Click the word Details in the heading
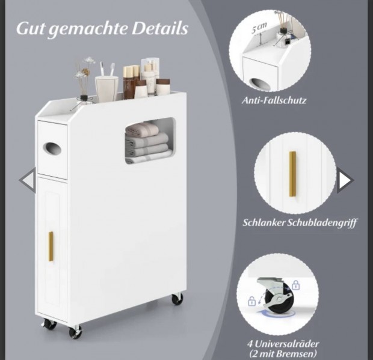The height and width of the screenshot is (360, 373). click(160, 28)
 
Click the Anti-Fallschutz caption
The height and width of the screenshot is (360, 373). click(274, 100)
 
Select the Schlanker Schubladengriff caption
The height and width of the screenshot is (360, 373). click(300, 223)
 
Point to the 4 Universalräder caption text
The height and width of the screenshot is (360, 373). click(283, 344)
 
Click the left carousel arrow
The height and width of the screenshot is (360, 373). click(28, 180)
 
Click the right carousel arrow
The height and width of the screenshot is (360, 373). click(345, 180)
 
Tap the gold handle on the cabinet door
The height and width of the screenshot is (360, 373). click(51, 246)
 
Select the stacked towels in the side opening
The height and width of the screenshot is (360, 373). click(147, 142)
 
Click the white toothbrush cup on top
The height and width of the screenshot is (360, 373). click(106, 89)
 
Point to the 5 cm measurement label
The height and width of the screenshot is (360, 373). click(259, 27)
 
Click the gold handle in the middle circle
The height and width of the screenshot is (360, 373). click(292, 174)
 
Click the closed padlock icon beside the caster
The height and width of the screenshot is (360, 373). click(295, 285)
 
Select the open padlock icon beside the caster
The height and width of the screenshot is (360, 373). click(251, 301)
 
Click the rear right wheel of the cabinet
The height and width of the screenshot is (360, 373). click(177, 299)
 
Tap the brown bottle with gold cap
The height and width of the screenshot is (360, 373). click(128, 82)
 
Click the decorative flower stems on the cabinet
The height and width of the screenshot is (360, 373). click(84, 78)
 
